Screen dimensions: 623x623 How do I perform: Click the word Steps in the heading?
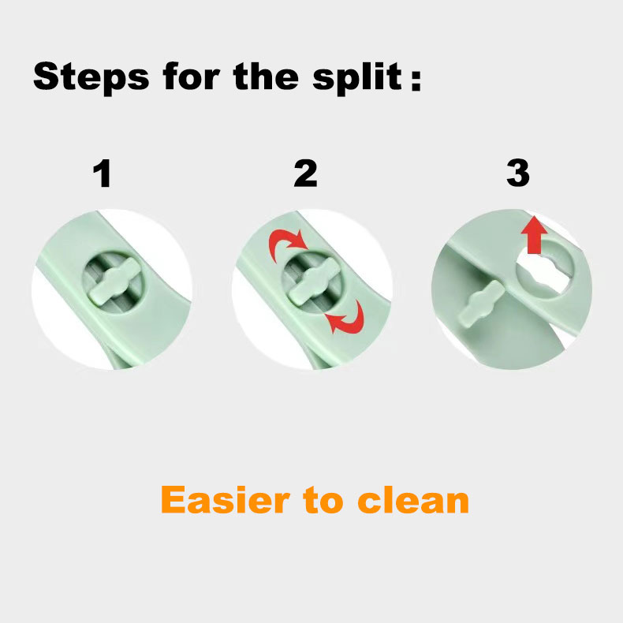pos(91,77)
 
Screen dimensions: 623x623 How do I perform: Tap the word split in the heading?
pos(357,77)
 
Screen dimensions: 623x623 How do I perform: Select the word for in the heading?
pos(191,76)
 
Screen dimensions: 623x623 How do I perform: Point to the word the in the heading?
pos(266,76)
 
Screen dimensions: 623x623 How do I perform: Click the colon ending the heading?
pos(416,80)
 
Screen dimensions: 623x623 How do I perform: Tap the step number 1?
pos(102,173)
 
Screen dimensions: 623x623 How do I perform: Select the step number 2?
pos(305,173)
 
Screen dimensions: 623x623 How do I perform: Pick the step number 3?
pos(518,173)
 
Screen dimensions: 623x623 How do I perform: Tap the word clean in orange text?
pos(413,499)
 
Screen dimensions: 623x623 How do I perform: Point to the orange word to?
pos(323,501)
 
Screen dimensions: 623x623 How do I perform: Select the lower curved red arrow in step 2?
pos(346,319)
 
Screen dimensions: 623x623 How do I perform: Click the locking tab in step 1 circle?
pos(112,282)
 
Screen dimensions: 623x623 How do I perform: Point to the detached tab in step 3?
pos(481,304)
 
